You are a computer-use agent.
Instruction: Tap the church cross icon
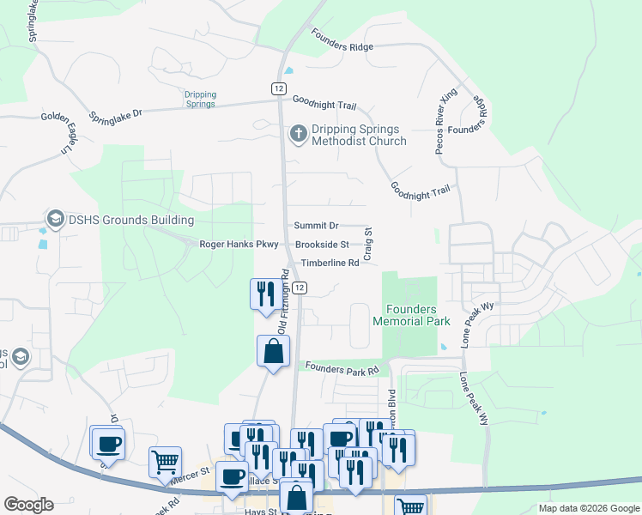coord(298,133)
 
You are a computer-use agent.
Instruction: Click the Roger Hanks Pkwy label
coord(239,245)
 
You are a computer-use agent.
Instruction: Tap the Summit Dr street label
coord(316,226)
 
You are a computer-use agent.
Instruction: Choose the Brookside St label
coord(322,245)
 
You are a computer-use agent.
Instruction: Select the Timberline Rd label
coord(329,264)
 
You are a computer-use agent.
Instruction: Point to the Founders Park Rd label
coord(342,369)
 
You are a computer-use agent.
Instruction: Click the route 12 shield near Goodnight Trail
coord(278,88)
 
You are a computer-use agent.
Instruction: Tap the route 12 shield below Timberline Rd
coord(298,288)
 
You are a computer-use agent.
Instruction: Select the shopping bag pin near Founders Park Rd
coord(273,351)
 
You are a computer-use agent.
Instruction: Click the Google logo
coord(28,505)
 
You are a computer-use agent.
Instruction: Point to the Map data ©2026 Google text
coord(588,508)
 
